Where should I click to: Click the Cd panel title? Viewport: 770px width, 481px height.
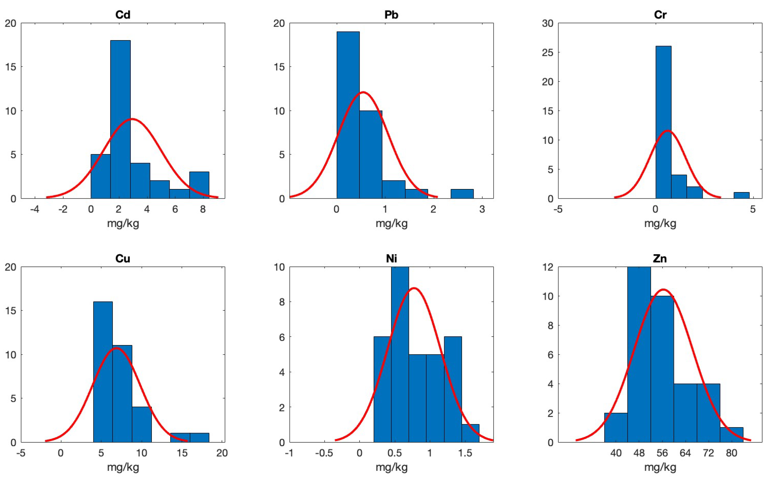122,15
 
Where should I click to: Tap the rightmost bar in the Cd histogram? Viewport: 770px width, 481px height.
199,185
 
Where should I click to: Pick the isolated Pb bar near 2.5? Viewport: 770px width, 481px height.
462,194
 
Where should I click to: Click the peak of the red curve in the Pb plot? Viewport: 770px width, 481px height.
363,93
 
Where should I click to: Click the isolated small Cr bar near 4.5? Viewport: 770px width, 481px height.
741,195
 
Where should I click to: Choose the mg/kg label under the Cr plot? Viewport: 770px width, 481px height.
660,224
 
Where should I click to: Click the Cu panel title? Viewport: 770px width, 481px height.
122,259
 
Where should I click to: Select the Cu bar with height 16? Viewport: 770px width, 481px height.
103,372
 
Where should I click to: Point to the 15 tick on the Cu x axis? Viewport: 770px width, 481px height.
182,453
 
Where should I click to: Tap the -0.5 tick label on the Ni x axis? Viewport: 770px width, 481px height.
324,453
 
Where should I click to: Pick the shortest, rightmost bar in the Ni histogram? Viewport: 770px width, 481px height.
470,433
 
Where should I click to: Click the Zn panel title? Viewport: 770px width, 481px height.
660,259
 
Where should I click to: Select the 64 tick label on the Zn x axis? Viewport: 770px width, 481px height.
685,453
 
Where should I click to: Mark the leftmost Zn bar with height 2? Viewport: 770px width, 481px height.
616,428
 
